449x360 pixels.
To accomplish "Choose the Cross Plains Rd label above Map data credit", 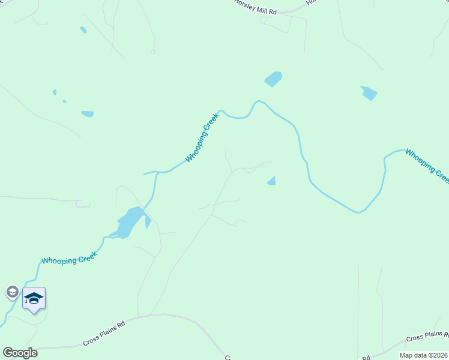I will [427, 337].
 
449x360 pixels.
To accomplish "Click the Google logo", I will [20, 353].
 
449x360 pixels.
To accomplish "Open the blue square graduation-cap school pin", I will [34, 298].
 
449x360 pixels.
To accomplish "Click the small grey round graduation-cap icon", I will [12, 292].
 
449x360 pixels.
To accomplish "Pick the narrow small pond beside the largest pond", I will [148, 223].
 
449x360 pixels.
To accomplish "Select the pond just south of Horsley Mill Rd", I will [273, 79].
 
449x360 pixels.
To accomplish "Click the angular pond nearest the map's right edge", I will [369, 93].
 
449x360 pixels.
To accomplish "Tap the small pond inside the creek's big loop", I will [271, 181].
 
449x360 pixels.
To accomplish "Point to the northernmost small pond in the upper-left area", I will [83, 29].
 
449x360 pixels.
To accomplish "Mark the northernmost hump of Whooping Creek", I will [259, 101].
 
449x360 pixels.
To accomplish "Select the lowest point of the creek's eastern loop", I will [358, 212].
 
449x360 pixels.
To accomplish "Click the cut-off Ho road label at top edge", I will [310, 2].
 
